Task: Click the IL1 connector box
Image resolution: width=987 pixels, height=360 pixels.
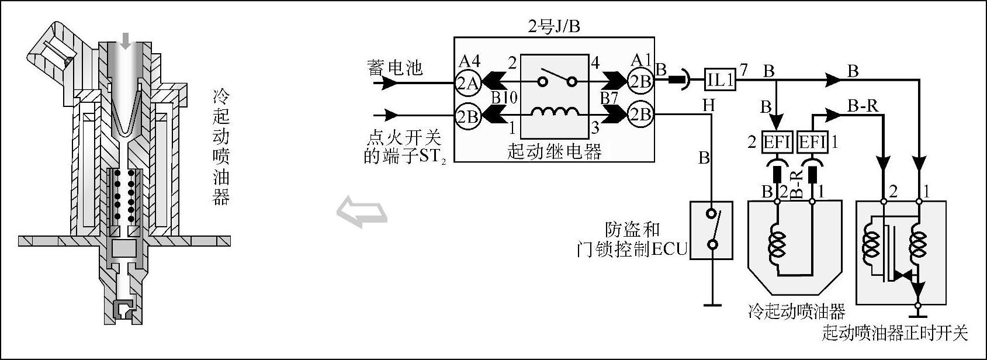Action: [x=720, y=79]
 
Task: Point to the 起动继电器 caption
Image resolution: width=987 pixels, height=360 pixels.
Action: [x=554, y=152]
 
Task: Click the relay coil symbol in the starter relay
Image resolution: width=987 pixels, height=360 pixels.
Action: [x=553, y=113]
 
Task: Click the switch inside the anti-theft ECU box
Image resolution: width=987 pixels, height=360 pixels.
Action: [x=711, y=229]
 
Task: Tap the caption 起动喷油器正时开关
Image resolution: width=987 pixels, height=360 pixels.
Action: [x=895, y=333]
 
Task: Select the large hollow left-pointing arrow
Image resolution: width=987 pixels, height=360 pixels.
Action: [x=362, y=212]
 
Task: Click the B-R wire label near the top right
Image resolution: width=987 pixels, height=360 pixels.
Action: [x=863, y=106]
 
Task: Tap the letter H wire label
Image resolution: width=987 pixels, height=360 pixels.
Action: [x=708, y=105]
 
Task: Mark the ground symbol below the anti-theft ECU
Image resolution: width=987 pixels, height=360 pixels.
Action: [x=712, y=303]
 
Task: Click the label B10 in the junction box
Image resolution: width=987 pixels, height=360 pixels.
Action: [x=504, y=97]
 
